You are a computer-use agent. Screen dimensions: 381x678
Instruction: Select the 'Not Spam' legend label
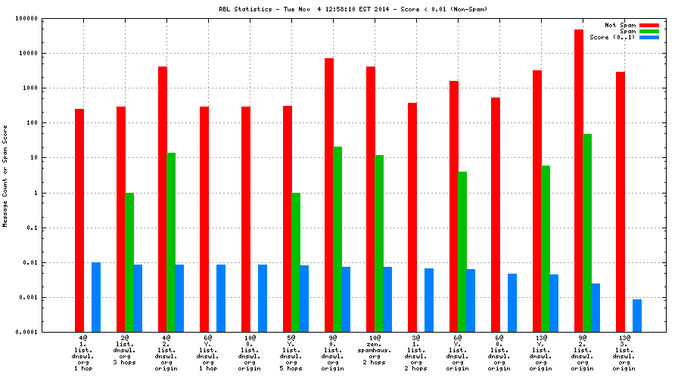(x=620, y=25)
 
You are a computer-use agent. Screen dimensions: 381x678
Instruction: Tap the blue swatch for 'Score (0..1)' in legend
(x=648, y=37)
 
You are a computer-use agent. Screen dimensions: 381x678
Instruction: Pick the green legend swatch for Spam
(x=648, y=31)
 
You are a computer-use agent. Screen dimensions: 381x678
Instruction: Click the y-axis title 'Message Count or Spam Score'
(x=6, y=175)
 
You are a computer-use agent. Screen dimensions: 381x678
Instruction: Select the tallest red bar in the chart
(x=579, y=181)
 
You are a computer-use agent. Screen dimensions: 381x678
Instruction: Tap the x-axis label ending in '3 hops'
(x=126, y=355)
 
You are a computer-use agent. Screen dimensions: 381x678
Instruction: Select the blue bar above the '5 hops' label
(x=304, y=299)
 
